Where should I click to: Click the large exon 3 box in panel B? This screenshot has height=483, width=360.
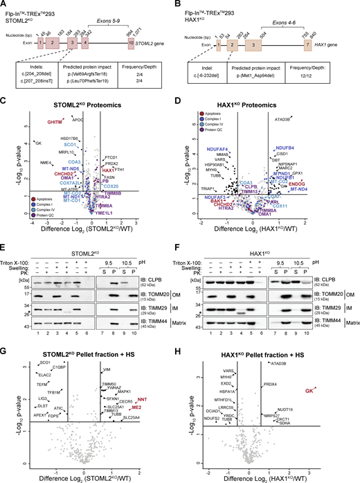pos(253,43)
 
